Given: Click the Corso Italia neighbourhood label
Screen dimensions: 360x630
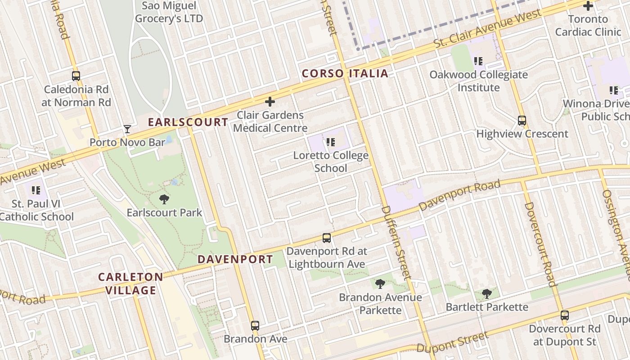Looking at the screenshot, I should [345, 73].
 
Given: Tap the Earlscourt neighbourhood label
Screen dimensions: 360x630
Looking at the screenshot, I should [188, 122].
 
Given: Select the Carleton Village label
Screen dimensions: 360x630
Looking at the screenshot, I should [130, 283].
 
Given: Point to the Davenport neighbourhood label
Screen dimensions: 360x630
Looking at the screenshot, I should [235, 259].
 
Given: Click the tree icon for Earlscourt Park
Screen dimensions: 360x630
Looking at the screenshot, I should [164, 199].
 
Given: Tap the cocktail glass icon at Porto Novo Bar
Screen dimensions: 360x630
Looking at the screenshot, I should [127, 130].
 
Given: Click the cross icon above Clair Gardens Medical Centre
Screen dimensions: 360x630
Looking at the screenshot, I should [270, 102].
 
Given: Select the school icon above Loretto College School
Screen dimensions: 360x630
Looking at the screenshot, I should [331, 143].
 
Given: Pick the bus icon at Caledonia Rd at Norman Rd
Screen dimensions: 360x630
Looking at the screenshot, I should [76, 76].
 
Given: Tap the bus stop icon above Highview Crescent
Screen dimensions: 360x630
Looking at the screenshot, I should [522, 121].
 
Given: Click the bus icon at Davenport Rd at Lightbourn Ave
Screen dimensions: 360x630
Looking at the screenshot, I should [327, 238].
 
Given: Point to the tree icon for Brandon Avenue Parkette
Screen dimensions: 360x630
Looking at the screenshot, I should [380, 284].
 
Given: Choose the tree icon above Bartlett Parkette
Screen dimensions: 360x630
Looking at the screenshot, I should [486, 294].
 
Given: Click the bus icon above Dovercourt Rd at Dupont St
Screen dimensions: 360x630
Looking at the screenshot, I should [565, 315].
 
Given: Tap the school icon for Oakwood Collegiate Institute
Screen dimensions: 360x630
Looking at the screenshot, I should [478, 61].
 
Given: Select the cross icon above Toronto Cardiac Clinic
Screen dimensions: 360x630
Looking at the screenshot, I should [588, 6].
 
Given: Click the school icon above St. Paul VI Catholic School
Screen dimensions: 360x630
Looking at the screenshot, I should [36, 190].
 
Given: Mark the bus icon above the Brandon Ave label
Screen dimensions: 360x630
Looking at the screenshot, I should [255, 325].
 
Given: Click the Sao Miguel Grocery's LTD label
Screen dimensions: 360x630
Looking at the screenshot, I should [169, 12].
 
